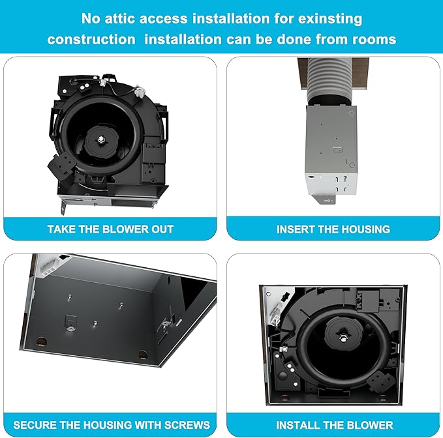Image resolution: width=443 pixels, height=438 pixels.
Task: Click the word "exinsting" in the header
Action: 330,19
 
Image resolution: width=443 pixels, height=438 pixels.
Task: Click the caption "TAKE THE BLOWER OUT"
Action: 110,229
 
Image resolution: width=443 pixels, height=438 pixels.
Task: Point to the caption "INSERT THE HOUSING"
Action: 333,229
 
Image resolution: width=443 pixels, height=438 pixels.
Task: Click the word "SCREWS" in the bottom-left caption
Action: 187,425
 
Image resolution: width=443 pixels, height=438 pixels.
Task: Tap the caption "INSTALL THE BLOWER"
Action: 334,425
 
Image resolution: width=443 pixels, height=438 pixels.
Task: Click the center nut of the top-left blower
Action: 101,139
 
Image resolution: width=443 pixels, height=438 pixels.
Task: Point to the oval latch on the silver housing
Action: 337,149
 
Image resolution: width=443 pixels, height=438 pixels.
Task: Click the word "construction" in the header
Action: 91,39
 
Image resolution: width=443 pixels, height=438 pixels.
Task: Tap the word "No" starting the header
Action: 91,19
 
